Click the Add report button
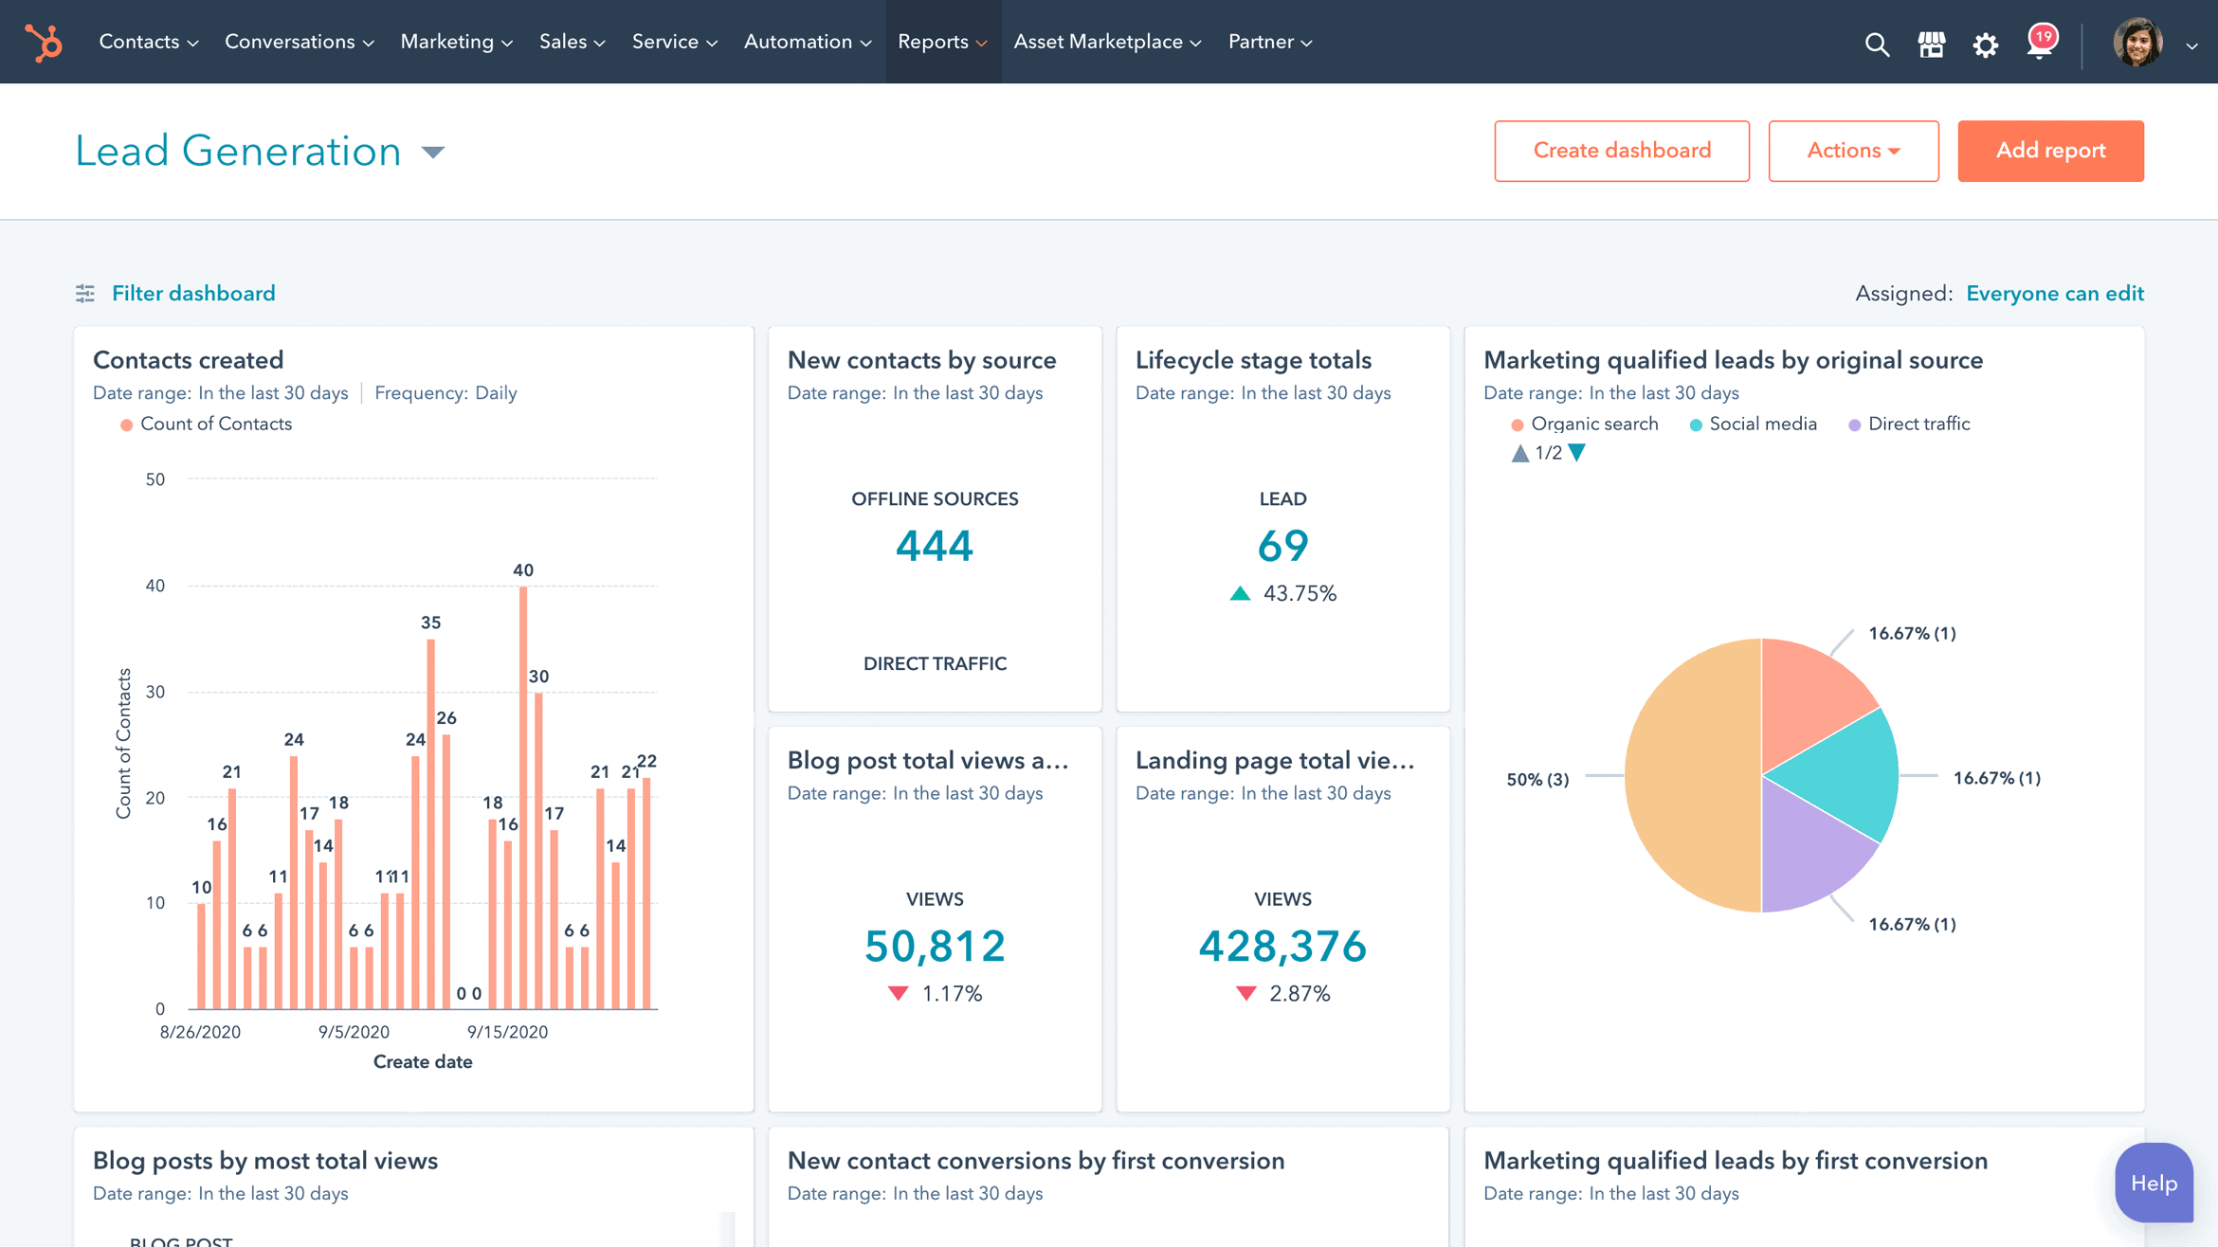click(2049, 151)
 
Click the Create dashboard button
click(1621, 151)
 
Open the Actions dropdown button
click(1852, 151)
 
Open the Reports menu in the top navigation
click(941, 42)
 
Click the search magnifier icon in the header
click(1876, 45)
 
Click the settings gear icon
click(1985, 45)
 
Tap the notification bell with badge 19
click(2040, 43)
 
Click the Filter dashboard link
click(192, 294)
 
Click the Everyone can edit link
click(2054, 294)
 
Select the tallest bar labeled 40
click(523, 796)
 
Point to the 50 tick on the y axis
click(155, 479)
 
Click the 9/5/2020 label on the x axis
click(354, 1032)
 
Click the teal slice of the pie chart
click(1839, 772)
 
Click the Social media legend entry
click(1761, 425)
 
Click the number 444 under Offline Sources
click(934, 546)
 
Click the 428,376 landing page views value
click(1282, 946)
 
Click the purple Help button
click(2153, 1183)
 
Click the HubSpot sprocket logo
click(44, 43)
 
